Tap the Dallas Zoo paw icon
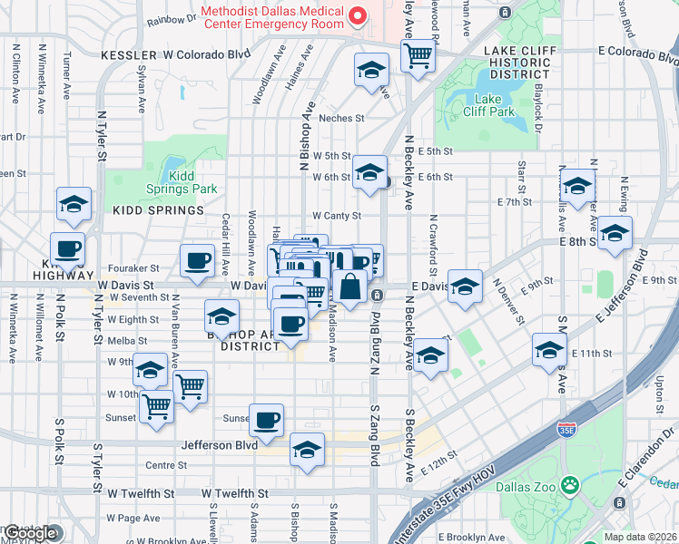click(x=569, y=487)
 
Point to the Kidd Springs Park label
click(x=182, y=182)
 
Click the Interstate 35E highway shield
click(x=567, y=426)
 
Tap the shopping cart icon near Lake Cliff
click(x=418, y=55)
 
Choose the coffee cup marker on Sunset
click(x=267, y=420)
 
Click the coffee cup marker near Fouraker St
click(x=197, y=261)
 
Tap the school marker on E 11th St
click(x=549, y=349)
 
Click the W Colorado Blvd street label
click(x=206, y=54)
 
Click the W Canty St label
click(x=337, y=216)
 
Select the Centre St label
click(x=166, y=465)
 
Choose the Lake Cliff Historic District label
click(x=517, y=63)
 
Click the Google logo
click(x=29, y=533)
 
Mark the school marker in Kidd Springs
click(x=74, y=204)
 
